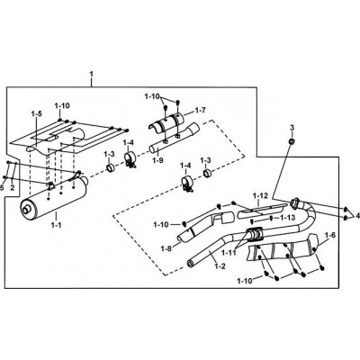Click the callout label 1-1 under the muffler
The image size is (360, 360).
coord(56,224)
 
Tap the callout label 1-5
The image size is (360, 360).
coord(36,113)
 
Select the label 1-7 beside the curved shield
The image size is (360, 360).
coord(201,111)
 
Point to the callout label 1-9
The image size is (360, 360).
coord(157,160)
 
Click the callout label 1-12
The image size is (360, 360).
coord(260,196)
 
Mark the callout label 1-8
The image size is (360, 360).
coord(166,248)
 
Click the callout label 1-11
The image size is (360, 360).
coord(229,253)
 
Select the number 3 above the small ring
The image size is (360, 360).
coord(292,129)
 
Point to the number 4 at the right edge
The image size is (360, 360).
coord(357,215)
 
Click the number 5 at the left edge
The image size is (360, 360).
coord(2,188)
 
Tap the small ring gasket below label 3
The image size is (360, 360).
coord(291,141)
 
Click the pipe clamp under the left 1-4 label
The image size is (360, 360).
coord(130,159)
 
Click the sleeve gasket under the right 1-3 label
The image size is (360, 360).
coord(207,173)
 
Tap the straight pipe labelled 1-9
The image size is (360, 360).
coord(174,138)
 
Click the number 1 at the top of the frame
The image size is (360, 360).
coord(92,74)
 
